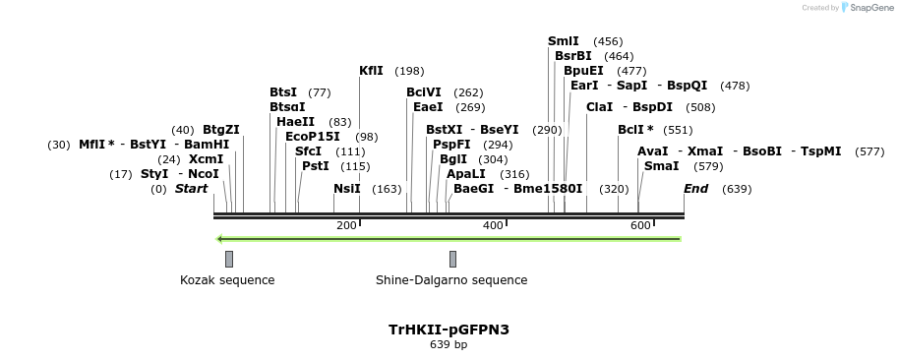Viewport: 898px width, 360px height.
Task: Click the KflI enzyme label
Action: [x=371, y=71]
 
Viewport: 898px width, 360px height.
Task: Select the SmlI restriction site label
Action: [x=564, y=41]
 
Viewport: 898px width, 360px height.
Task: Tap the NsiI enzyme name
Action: [x=347, y=189]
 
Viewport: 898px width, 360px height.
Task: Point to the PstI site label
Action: [x=315, y=166]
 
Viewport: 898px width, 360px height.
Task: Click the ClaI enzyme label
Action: [x=599, y=106]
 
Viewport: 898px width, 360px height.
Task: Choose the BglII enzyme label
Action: [x=453, y=159]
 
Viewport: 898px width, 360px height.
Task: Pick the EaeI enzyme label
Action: [x=428, y=107]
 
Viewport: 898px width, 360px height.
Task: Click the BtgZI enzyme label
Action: [x=220, y=130]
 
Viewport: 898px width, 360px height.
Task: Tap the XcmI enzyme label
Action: [x=206, y=159]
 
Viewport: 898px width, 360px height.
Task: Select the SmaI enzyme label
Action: [x=661, y=166]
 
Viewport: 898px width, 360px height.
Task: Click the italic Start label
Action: [x=191, y=189]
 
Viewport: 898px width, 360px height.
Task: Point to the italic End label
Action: [x=695, y=189]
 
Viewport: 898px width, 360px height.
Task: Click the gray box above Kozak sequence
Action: [x=229, y=259]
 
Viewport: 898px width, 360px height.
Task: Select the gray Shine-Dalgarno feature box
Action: [x=452, y=259]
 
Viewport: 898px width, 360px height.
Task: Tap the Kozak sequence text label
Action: [x=227, y=280]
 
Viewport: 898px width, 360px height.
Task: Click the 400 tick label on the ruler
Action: [x=493, y=226]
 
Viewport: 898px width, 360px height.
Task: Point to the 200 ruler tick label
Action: [x=346, y=226]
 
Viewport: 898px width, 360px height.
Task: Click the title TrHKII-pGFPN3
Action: [x=449, y=330]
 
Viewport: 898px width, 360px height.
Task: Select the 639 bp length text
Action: [x=449, y=345]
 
